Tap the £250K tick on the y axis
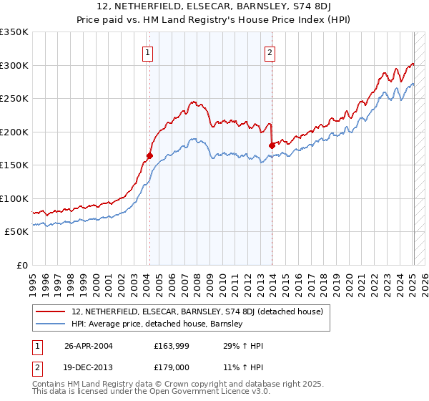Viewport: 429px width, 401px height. coord(14,99)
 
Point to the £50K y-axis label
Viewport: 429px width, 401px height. coord(16,232)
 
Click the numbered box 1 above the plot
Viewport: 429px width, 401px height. coord(147,52)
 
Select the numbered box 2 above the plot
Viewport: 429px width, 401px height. coord(270,52)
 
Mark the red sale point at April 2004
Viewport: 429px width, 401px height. coord(149,155)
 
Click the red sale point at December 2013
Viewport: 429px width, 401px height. coord(272,145)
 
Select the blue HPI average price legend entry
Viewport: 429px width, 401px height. coord(157,324)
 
